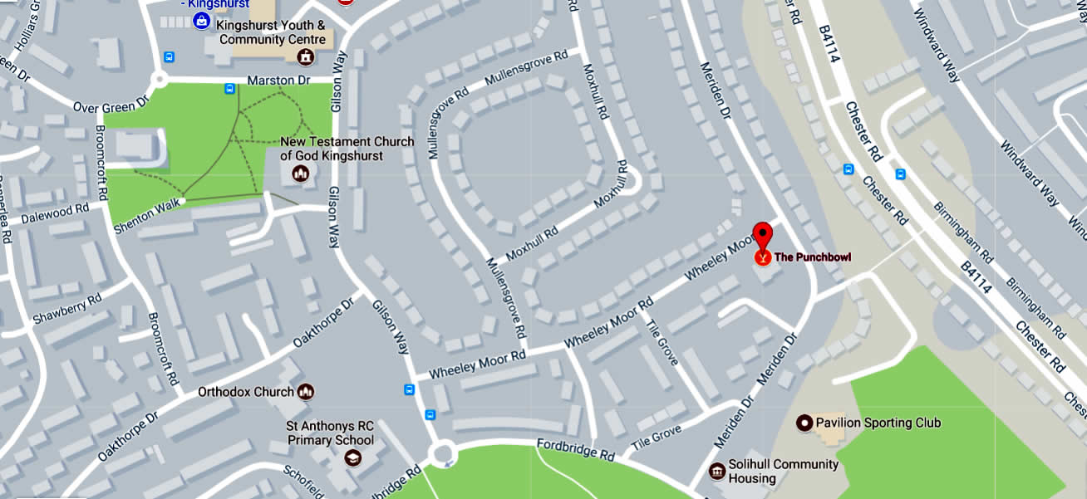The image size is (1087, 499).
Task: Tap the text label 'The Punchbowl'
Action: click(813, 257)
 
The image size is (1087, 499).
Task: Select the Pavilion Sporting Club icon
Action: click(804, 423)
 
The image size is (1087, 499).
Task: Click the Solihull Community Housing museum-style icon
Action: click(716, 472)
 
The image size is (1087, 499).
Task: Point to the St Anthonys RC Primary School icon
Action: click(354, 458)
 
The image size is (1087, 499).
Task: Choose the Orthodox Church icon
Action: click(306, 392)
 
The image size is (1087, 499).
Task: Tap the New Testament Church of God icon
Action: click(300, 174)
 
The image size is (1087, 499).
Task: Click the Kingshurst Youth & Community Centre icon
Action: click(306, 57)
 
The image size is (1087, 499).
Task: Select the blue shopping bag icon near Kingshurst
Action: click(201, 21)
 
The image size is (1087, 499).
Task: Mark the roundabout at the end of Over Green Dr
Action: click(158, 81)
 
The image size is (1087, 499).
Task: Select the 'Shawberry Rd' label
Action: click(66, 309)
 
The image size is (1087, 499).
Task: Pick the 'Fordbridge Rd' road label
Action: click(574, 449)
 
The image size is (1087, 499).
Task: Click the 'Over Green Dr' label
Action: click(110, 105)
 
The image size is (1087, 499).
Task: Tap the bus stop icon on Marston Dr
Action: click(229, 88)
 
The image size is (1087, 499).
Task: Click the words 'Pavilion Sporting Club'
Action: click(878, 423)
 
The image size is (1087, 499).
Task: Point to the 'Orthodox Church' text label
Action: click(246, 392)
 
